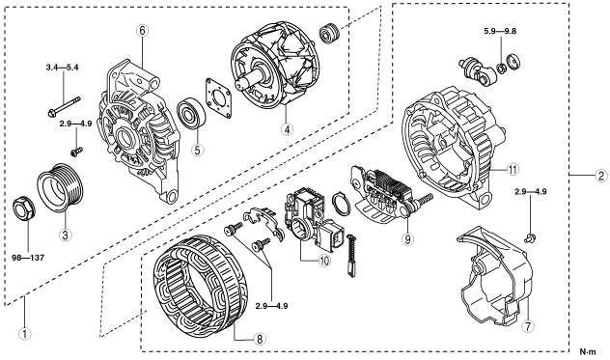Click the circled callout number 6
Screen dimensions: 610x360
(143, 30)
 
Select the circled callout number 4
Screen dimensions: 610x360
(287, 129)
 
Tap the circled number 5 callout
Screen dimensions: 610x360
(198, 150)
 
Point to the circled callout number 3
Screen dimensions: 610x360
(65, 235)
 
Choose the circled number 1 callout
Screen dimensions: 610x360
(25, 334)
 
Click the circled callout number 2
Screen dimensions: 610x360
(600, 176)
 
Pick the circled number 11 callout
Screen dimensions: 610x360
(513, 169)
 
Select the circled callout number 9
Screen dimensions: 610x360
(407, 239)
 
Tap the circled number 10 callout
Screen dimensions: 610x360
(323, 261)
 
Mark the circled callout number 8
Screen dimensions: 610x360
(260, 340)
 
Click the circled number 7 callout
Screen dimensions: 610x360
(528, 326)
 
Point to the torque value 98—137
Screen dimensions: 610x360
(29, 258)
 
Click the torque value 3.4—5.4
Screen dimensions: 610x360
(62, 68)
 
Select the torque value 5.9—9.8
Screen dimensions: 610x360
(500, 32)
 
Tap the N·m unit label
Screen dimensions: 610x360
(588, 352)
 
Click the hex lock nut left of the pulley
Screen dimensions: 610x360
(24, 208)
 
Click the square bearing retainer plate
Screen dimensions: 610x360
(218, 97)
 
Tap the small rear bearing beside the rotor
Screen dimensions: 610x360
(330, 34)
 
